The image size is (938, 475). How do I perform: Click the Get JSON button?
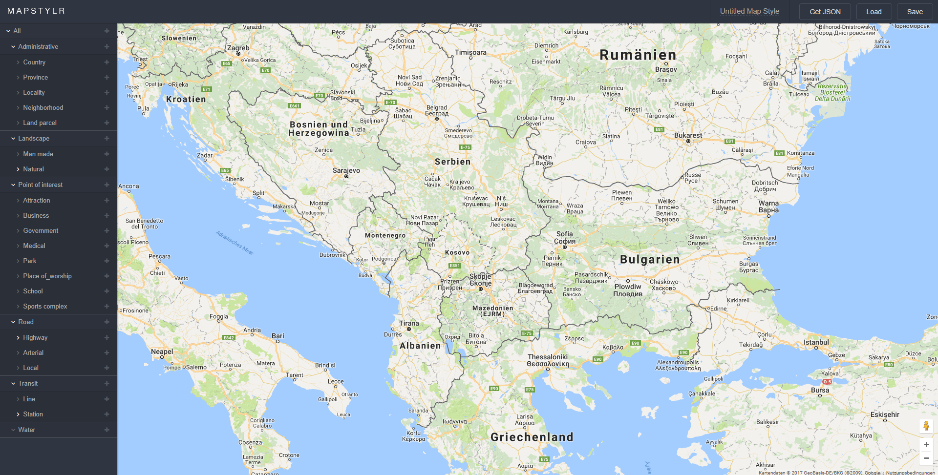[825, 12]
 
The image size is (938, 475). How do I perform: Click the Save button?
[915, 12]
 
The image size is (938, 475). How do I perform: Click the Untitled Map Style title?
[749, 11]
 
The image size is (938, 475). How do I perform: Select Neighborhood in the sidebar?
[43, 107]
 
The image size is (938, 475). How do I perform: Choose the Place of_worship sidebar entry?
[47, 276]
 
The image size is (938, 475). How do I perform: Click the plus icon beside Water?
[107, 430]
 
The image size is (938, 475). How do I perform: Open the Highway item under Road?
[35, 337]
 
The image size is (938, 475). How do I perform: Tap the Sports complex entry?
[45, 306]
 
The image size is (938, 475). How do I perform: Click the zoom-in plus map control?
[926, 444]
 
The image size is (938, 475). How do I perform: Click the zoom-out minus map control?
[926, 458]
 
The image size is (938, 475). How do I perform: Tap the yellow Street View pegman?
[926, 426]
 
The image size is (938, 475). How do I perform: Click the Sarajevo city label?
[346, 170]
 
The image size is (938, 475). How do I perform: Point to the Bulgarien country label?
[650, 259]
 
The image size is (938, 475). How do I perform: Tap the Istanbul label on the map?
[816, 342]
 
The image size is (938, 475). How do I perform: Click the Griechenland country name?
[532, 437]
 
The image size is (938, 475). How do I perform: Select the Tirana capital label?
[409, 323]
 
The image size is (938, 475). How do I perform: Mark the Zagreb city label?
[238, 48]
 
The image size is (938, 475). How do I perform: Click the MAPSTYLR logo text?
[36, 11]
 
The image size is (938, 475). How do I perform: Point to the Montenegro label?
[385, 235]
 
